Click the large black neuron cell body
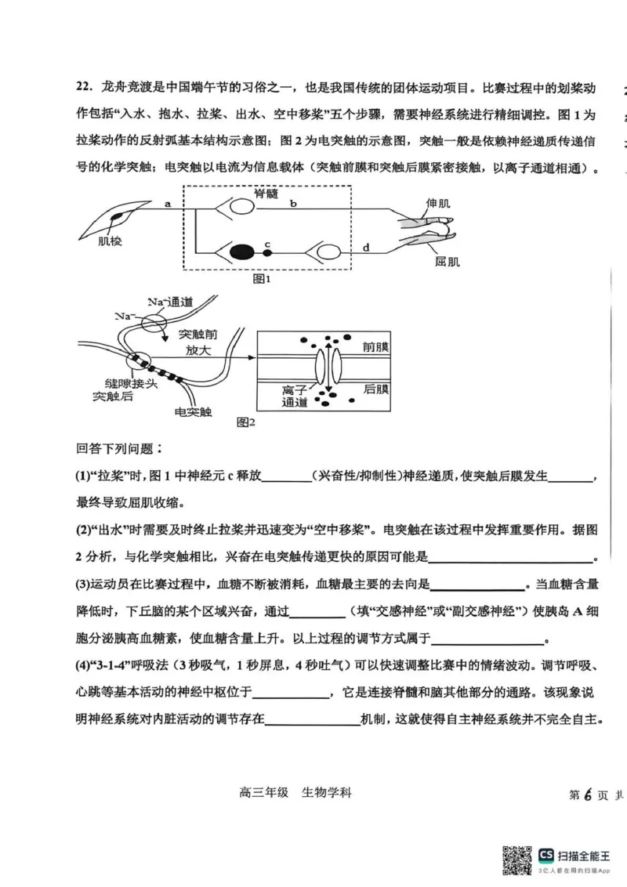(243, 252)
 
